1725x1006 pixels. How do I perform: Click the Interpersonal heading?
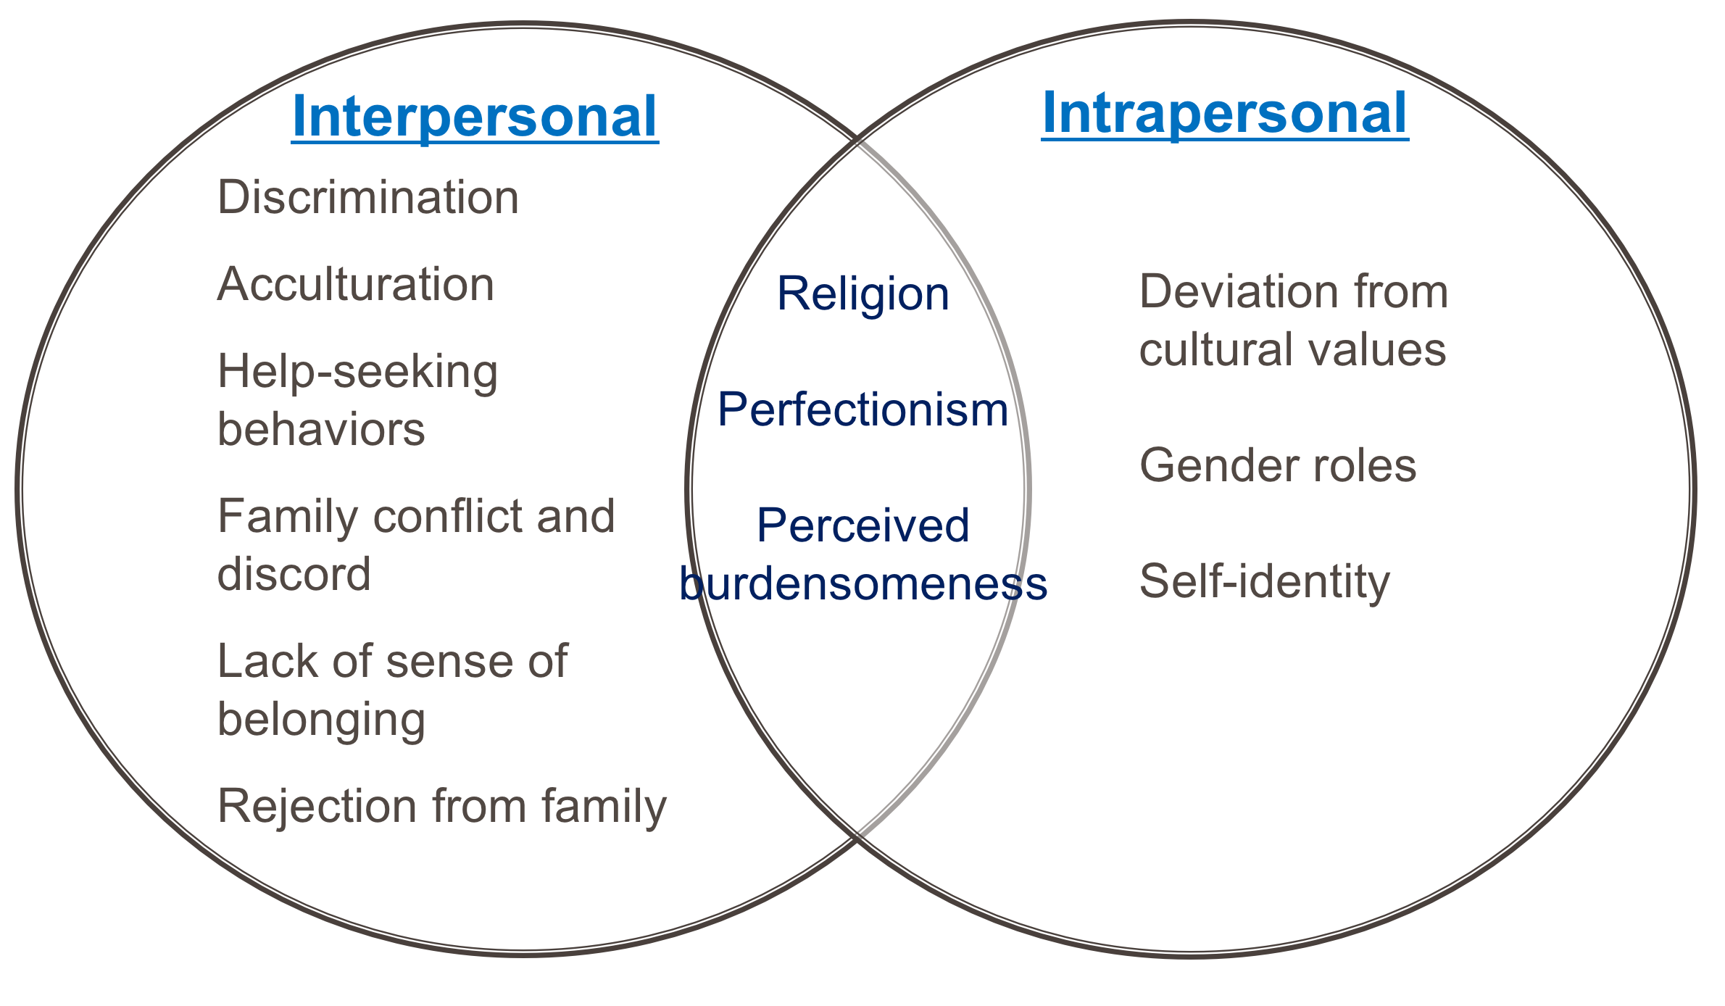(475, 117)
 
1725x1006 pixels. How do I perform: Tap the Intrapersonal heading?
(1225, 114)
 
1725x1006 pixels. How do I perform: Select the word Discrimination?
(368, 197)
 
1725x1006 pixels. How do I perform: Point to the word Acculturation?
(356, 284)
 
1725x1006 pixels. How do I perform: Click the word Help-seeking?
(358, 373)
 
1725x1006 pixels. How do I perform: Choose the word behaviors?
(321, 429)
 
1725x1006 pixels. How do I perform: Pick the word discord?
(294, 574)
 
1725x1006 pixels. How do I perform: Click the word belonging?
(321, 720)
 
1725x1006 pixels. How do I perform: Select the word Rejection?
(317, 806)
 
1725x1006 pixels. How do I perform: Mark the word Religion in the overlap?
(862, 294)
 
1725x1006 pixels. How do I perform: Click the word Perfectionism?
(862, 410)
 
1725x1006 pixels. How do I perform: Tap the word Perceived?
(862, 525)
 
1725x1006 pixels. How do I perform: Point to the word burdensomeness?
(862, 583)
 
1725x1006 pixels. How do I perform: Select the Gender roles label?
(1278, 465)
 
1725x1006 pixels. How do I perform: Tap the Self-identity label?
(1265, 581)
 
